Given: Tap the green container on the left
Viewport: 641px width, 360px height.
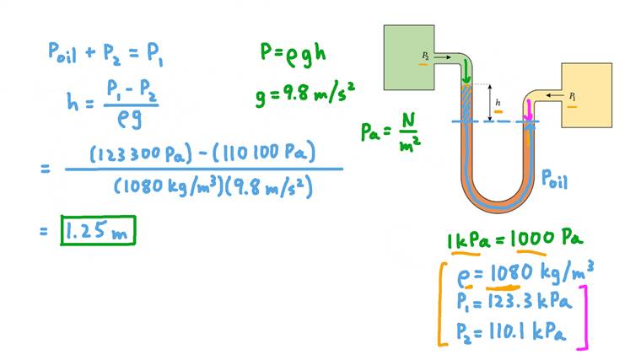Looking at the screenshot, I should [x=408, y=56].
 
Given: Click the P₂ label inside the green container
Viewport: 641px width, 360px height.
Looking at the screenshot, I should [x=426, y=55].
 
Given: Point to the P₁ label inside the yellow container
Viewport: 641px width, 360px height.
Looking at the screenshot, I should [x=573, y=97].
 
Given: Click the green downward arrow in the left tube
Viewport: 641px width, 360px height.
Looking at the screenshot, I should [x=466, y=72].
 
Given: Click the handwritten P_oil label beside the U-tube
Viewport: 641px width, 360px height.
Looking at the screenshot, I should [x=558, y=177].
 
